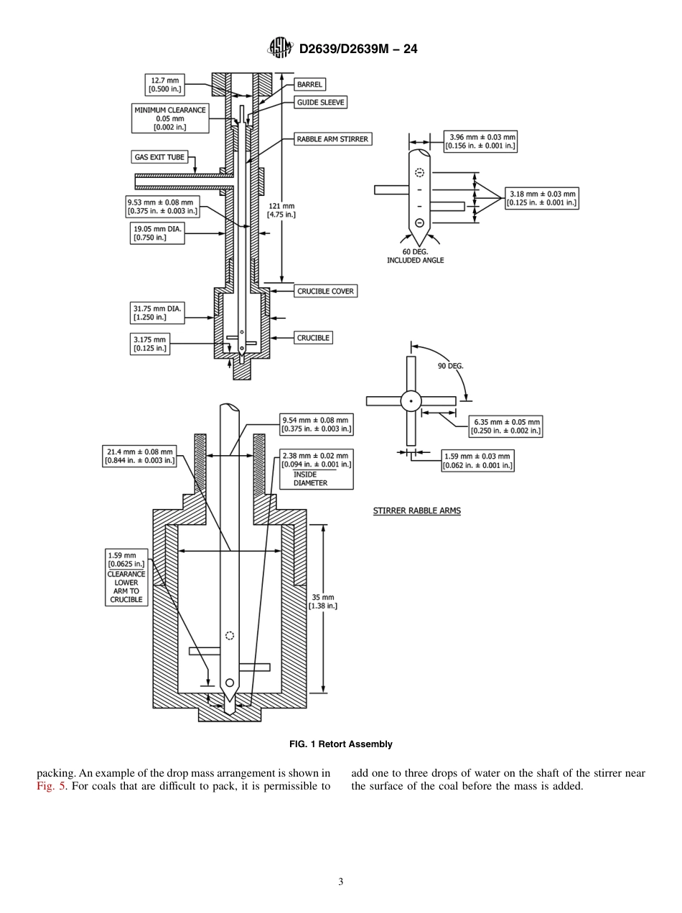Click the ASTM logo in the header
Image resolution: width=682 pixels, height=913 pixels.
279,48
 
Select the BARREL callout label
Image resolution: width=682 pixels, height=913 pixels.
310,85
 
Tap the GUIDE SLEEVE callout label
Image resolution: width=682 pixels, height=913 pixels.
321,103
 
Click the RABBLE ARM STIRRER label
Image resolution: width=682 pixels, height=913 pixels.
333,139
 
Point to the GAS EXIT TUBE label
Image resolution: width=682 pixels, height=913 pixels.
159,157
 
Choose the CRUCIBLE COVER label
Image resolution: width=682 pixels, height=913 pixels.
325,291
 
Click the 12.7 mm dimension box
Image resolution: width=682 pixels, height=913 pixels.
164,85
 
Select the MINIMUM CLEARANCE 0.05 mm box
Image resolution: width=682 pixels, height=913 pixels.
169,118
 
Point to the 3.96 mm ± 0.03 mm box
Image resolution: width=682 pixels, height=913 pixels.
480,141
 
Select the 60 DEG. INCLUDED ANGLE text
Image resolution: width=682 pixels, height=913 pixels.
415,256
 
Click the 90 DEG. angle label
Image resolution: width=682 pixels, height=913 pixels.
450,365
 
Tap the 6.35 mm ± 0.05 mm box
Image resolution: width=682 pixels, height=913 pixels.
505,426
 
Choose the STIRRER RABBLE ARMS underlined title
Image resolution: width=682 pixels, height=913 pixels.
416,511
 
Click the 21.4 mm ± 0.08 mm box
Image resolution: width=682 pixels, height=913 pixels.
139,456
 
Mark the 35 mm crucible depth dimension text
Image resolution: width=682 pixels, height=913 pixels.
322,601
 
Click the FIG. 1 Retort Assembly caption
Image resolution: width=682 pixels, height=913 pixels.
340,744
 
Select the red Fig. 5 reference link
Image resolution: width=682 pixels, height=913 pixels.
48,786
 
